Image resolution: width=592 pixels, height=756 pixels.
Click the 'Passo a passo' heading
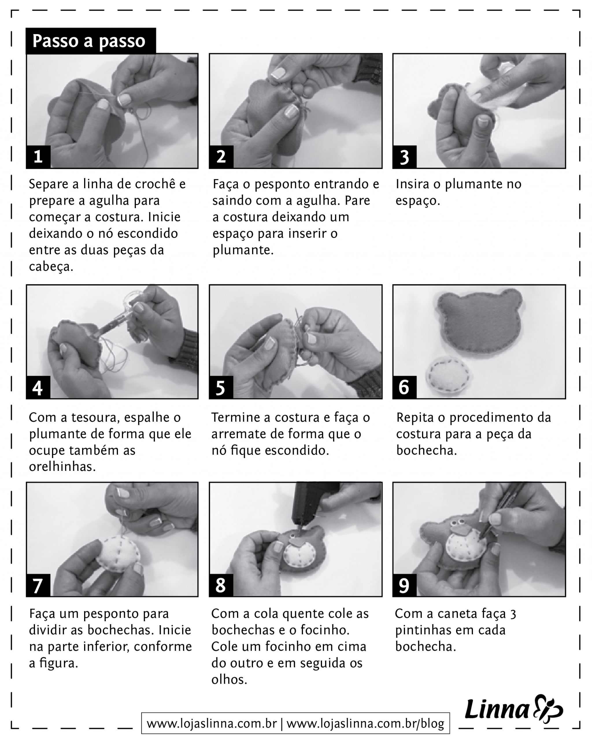tap(89, 41)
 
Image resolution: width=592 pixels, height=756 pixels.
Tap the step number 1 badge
tap(38, 157)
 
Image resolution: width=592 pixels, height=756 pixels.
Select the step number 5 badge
tap(221, 387)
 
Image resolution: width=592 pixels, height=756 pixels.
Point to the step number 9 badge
tap(404, 585)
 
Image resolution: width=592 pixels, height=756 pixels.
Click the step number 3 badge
tap(404, 157)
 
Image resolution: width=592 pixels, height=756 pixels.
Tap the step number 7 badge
tap(38, 585)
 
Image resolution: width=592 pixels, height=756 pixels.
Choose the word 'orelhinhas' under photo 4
tap(62, 466)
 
